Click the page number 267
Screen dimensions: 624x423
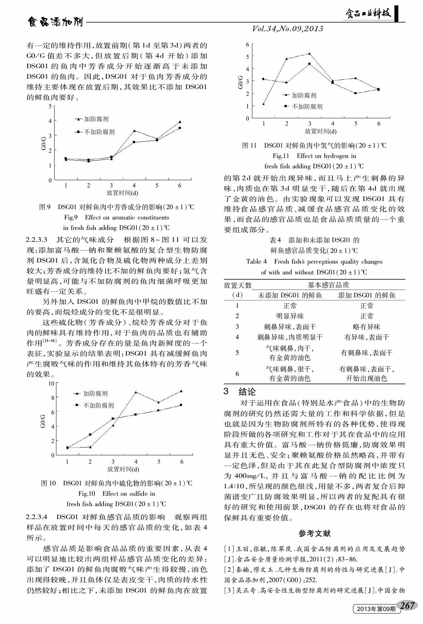(407, 605)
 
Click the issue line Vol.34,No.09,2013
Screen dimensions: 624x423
(288, 29)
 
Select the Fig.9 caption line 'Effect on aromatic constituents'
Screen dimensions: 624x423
(117, 218)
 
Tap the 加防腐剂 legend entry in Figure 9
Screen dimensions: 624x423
(96, 119)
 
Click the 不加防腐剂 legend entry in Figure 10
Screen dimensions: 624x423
(98, 405)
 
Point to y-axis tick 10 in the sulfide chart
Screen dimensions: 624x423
(51, 383)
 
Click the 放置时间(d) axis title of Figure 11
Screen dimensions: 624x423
(321, 131)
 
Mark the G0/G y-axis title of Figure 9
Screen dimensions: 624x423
(43, 143)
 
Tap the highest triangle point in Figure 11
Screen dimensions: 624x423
(309, 54)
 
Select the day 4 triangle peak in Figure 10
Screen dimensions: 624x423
(136, 392)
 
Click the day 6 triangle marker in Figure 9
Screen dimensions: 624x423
(180, 122)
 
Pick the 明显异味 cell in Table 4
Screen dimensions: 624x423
(290, 316)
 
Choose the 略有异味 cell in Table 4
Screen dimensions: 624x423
(366, 327)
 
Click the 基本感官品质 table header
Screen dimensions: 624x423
(328, 285)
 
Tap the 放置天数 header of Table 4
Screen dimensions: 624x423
(237, 285)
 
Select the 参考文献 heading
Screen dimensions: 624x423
(314, 534)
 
